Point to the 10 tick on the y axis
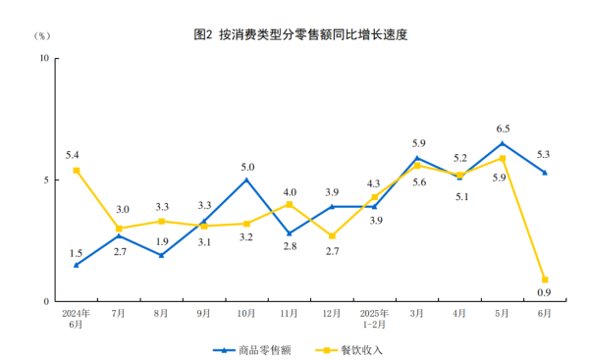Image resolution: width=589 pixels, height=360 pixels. pos(43,58)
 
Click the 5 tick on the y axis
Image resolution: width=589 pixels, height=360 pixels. pos(46,180)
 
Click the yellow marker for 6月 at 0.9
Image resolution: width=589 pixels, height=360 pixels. pos(545,280)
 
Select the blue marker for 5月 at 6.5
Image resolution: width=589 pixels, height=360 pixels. pos(502,143)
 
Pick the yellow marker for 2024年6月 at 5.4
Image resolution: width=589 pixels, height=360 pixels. pos(77,170)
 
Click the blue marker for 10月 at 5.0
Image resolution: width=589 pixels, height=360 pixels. pos(246,180)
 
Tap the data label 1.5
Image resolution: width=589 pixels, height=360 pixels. pos(76,253)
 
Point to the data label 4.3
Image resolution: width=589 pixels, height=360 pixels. pos(373,183)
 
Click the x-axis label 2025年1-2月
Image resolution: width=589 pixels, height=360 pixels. pos(374,318)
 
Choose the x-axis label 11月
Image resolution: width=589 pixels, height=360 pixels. pos(289,313)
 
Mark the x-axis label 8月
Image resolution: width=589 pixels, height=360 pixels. pos(161,313)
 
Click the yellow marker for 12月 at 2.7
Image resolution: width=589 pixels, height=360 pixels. pos(332,235)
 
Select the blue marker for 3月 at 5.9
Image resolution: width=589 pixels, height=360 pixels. pos(417,158)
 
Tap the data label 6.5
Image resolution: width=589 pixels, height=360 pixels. pos(502,129)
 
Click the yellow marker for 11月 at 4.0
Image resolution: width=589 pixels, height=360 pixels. pos(290,204)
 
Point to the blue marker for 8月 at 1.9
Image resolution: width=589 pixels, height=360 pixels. pos(161,255)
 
